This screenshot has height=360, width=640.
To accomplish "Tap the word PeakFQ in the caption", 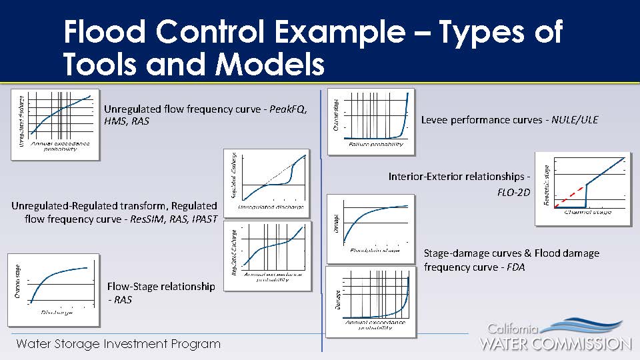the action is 287,109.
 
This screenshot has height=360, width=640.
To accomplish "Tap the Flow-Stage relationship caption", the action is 161,287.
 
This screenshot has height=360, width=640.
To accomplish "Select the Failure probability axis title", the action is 376,145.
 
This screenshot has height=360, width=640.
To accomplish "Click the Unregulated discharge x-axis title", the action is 271,207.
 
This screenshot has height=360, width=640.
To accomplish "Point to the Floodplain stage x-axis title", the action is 375,251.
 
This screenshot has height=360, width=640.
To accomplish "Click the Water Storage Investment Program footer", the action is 118,344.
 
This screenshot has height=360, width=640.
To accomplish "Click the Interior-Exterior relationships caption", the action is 460,177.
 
